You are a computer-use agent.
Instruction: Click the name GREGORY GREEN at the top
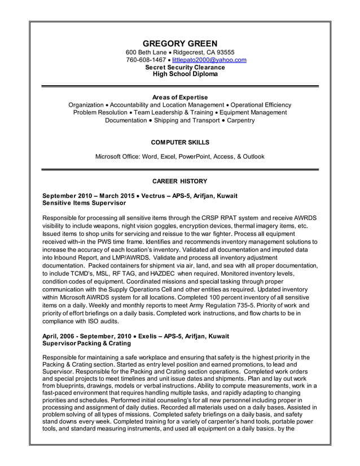point(179,43)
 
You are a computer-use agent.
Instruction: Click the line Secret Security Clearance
point(185,67)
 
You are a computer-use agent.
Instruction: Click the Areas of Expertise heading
point(179,98)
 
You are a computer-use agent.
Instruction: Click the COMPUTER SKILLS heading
point(179,142)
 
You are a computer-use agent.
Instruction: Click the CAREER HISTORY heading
point(179,181)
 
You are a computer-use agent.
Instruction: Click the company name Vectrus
point(156,196)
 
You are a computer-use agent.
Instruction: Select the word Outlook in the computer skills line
point(252,156)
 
